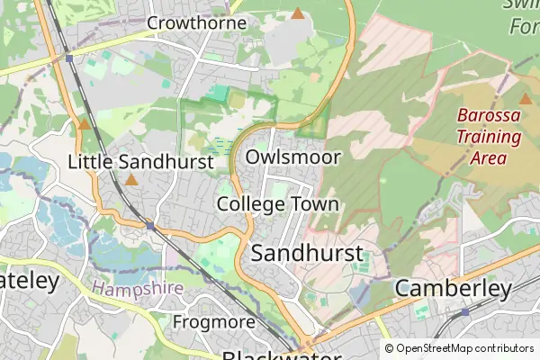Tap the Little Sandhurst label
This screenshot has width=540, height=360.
click(140, 162)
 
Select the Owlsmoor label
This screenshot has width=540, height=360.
click(293, 157)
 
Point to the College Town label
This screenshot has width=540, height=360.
click(277, 204)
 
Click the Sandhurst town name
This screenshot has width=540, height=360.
click(307, 253)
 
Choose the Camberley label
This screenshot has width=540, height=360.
click(454, 288)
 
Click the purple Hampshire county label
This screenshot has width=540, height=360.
click(137, 288)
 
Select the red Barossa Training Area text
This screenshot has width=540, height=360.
click(489, 137)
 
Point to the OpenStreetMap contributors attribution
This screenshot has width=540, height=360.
click(459, 348)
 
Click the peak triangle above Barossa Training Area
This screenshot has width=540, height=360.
click(526, 98)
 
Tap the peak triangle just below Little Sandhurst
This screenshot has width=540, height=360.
click(131, 180)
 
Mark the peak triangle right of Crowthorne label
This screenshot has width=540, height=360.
click(298, 13)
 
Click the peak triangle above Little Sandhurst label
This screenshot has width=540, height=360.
click(84, 124)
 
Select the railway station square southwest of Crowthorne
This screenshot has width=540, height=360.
click(68, 58)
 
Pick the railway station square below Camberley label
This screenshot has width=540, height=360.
click(464, 311)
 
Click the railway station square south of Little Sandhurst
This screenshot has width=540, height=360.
click(149, 224)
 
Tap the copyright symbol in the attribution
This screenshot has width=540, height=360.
click(389, 348)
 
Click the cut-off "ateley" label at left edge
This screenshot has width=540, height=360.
click(29, 281)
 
